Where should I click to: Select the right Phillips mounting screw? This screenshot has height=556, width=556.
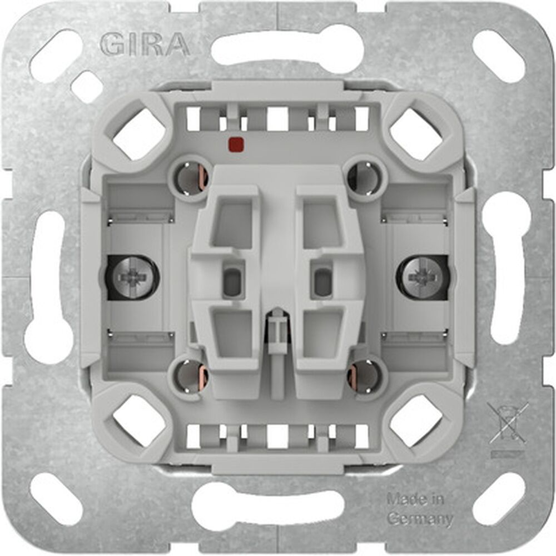click(422, 277)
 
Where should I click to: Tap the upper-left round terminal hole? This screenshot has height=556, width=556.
click(190, 178)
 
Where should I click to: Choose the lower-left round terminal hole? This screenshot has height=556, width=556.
click(190, 377)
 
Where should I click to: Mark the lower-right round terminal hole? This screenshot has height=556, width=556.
click(364, 377)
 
